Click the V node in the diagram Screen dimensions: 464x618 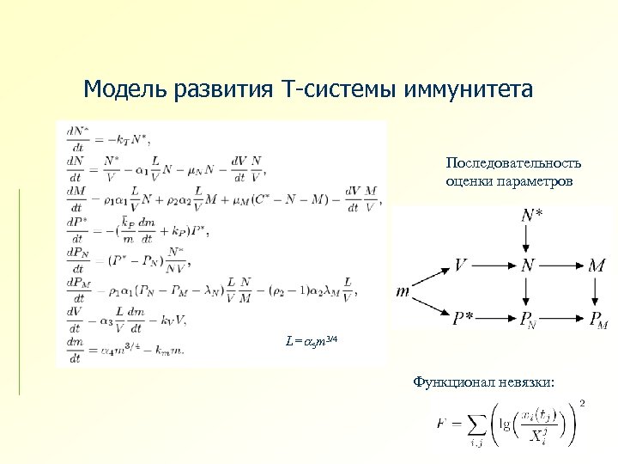pos(461,266)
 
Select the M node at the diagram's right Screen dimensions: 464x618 pos(597,266)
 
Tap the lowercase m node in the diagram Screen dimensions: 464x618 pos(403,291)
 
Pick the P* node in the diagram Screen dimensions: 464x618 pos(464,320)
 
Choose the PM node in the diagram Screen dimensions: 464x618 pos(599,320)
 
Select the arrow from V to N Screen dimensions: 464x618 pos(494,266)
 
